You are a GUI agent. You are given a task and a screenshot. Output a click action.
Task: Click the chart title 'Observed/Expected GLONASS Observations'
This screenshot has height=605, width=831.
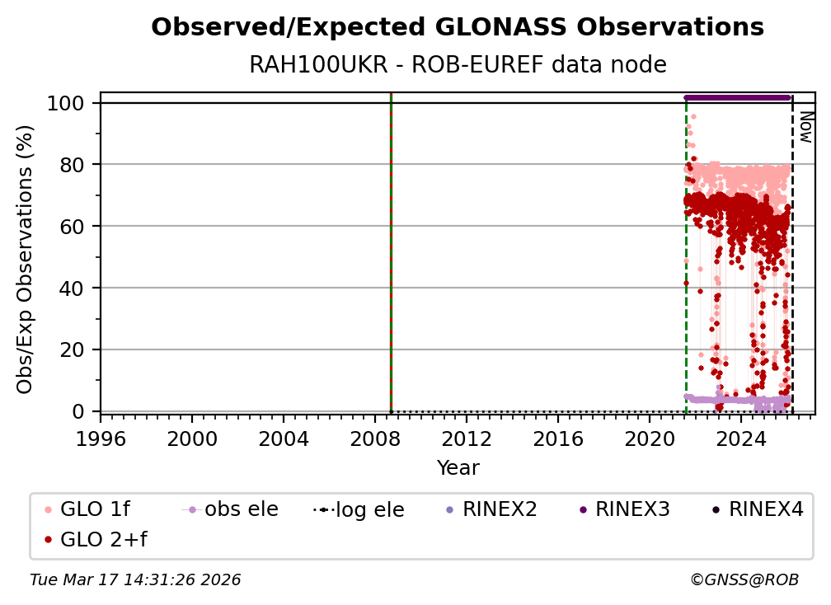pyautogui.click(x=458, y=27)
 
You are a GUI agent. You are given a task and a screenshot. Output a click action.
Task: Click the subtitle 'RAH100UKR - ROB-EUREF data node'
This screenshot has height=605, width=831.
pyautogui.click(x=458, y=64)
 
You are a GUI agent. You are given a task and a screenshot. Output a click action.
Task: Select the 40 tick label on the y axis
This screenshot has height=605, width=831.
pyautogui.click(x=75, y=288)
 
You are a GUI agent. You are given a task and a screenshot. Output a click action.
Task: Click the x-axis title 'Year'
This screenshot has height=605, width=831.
pyautogui.click(x=458, y=468)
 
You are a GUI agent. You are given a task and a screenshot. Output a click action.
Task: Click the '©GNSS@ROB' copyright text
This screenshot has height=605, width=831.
pyautogui.click(x=744, y=580)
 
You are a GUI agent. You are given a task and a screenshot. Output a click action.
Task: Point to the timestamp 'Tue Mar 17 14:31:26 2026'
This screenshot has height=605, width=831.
pyautogui.click(x=135, y=580)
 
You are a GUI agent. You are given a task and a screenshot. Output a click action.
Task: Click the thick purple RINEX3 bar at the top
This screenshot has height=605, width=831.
pyautogui.click(x=738, y=97)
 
